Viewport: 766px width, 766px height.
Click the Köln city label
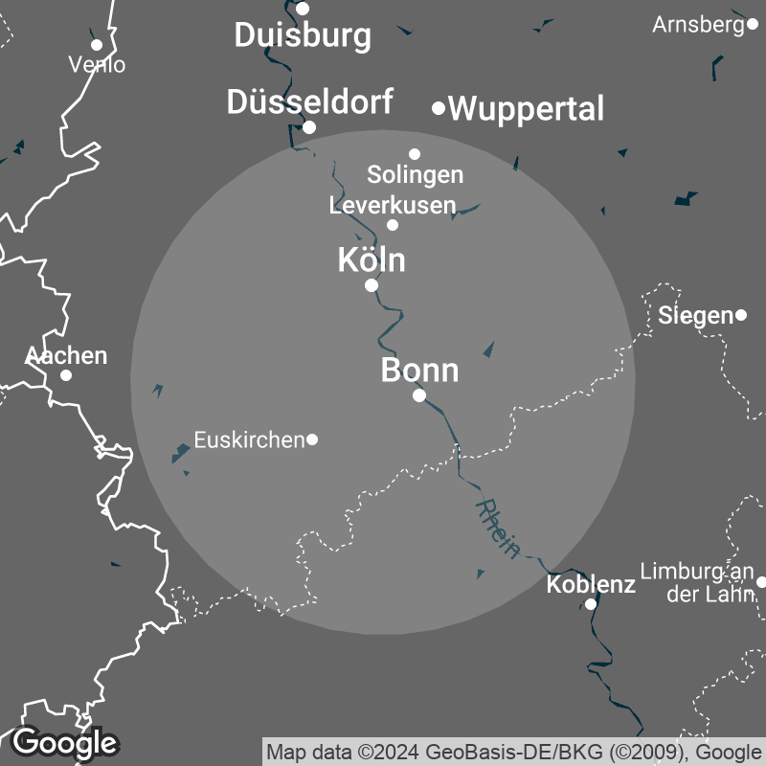372,259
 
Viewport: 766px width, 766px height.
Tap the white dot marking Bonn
419,395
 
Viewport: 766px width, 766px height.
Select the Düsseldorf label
309,102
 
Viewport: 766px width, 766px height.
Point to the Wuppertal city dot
439,108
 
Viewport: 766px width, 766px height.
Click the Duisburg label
303,35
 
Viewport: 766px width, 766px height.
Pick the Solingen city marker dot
415,153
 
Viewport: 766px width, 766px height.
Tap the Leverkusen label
393,205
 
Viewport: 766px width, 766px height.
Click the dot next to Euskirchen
312,439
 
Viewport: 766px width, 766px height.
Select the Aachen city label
66,356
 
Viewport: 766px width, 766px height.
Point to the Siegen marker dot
741,315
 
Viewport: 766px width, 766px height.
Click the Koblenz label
591,584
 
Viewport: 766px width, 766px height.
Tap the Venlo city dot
97,44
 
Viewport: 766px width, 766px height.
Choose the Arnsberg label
698,25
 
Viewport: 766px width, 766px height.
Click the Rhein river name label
498,528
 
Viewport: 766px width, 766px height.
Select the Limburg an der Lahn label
697,582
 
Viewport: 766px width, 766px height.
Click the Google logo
64,742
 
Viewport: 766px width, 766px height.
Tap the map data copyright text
514,751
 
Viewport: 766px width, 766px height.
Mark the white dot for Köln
372,285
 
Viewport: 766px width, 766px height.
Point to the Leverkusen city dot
393,225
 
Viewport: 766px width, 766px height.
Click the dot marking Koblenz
591,604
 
